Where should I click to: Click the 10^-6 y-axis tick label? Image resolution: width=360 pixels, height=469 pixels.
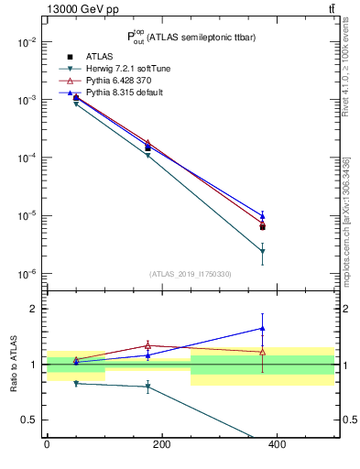pyautogui.click(x=27, y=274)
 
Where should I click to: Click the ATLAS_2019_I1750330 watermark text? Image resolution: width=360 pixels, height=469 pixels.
pyautogui.click(x=190, y=273)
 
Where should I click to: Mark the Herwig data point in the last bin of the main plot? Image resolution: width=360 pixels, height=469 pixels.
pyautogui.click(x=262, y=251)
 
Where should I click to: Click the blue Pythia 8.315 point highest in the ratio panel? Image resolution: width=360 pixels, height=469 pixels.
pyautogui.click(x=262, y=328)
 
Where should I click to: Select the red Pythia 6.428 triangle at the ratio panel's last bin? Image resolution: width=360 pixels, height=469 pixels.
pyautogui.click(x=262, y=352)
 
